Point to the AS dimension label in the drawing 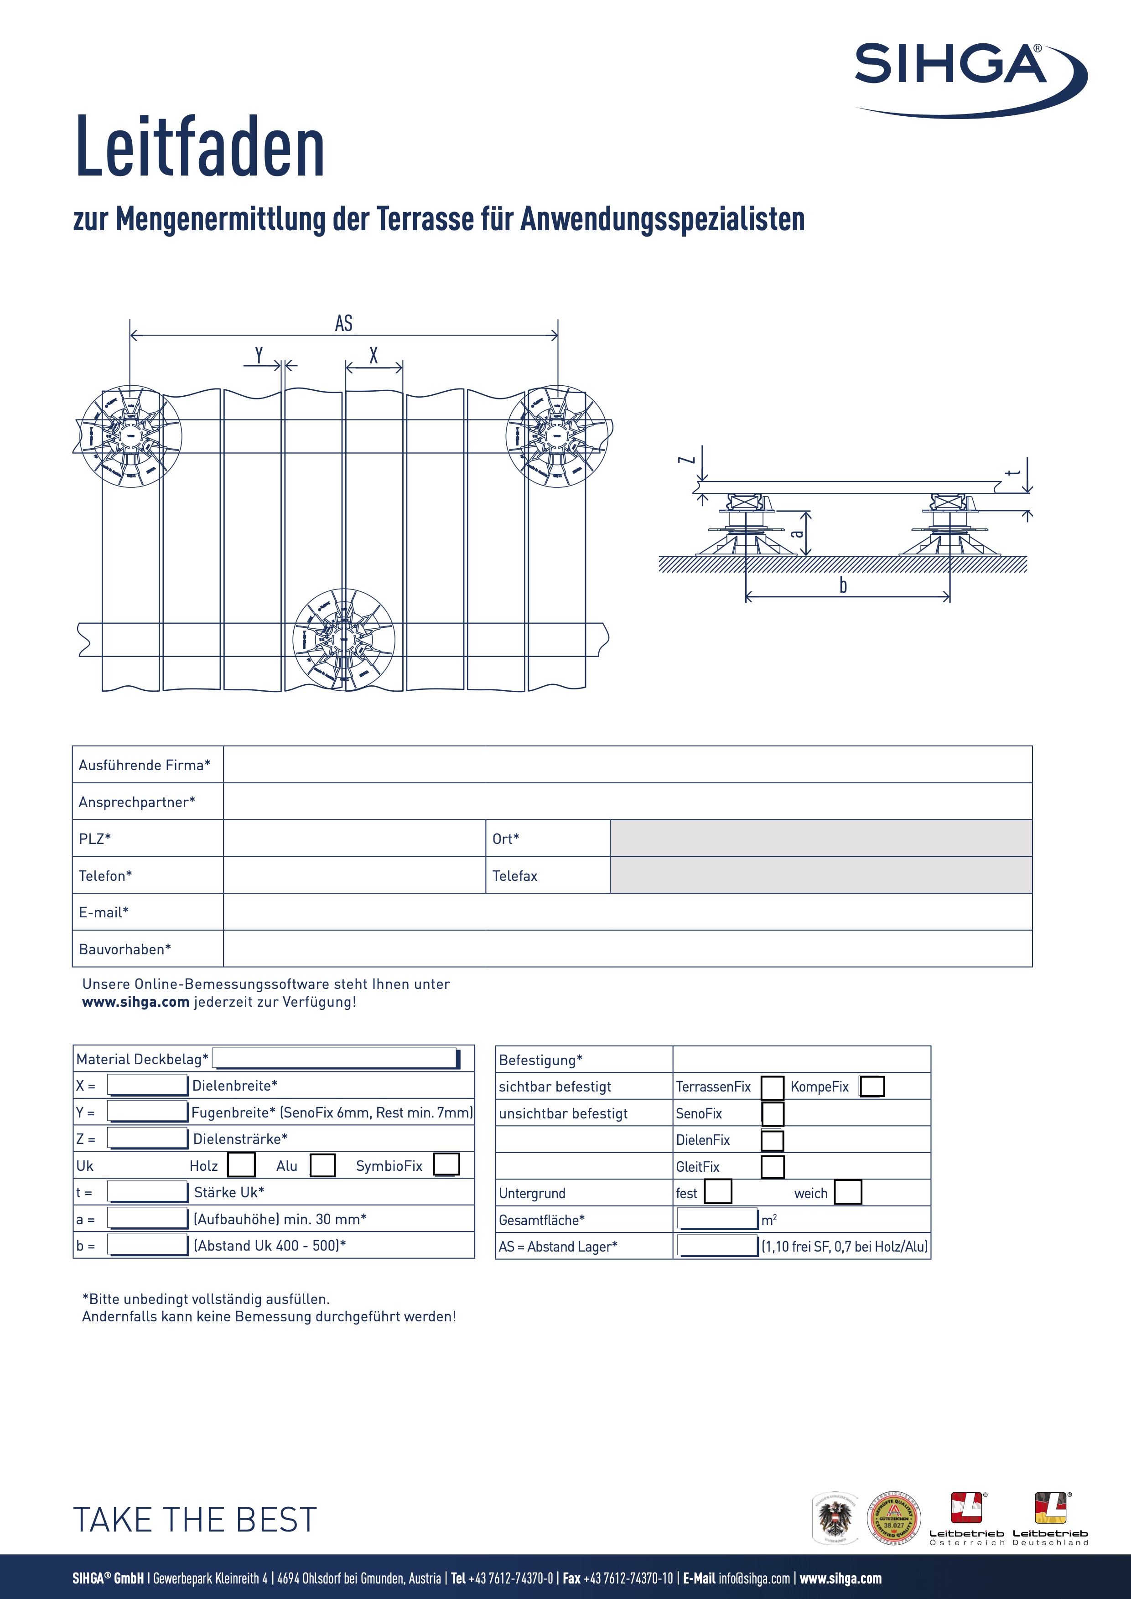tap(343, 323)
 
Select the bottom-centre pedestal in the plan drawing tap(343, 639)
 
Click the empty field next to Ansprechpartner tap(627, 801)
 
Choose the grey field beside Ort tap(820, 838)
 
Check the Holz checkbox tap(241, 1165)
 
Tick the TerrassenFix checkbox tap(772, 1087)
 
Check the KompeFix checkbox tap(872, 1087)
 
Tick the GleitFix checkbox tap(772, 1166)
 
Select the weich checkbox tap(847, 1192)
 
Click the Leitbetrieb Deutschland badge tap(1050, 1519)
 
